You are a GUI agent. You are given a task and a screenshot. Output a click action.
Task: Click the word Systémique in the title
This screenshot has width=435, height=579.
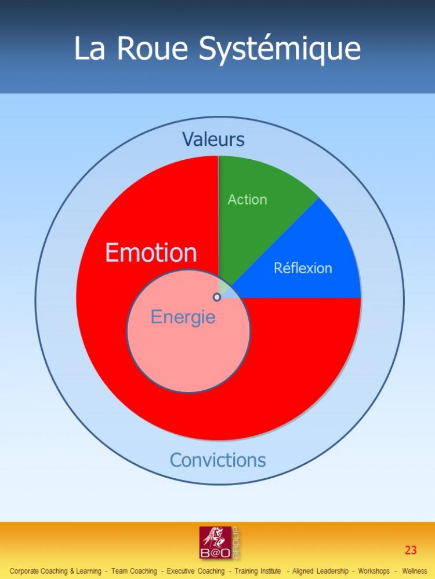coord(280,49)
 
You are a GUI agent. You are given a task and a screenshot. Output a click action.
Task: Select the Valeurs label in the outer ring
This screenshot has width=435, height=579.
coord(213,139)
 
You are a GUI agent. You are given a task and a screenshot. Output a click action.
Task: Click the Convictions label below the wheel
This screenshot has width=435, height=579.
coord(218,460)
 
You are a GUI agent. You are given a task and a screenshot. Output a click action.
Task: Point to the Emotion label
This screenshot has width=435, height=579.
coord(151,252)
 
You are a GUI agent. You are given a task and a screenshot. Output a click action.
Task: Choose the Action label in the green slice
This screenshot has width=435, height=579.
coord(247,199)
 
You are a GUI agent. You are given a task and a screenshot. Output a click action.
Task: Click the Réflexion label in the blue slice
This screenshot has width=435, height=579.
coord(303,267)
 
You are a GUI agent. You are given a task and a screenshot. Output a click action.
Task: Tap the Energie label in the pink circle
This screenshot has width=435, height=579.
coord(183,317)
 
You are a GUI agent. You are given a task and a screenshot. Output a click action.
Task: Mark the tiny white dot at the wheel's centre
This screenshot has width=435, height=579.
coord(217,297)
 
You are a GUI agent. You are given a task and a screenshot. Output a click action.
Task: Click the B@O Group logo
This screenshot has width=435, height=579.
coord(219,543)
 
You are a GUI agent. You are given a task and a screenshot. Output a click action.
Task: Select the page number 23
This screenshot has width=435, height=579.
coord(411,550)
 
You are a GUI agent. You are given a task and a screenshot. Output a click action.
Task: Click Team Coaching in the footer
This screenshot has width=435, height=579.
coord(134,571)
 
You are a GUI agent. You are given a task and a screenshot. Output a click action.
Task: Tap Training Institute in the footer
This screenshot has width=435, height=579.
coord(258,571)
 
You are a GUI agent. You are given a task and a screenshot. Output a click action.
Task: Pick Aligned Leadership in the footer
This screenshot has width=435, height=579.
coord(320,571)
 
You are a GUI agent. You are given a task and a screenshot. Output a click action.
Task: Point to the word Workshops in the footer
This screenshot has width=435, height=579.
coord(374,571)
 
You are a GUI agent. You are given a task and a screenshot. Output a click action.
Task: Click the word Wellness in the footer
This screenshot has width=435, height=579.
coord(415,571)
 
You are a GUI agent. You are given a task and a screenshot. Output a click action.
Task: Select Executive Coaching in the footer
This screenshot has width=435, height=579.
coord(195,571)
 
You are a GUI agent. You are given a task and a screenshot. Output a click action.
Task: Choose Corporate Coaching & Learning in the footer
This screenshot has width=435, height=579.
coord(56,571)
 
